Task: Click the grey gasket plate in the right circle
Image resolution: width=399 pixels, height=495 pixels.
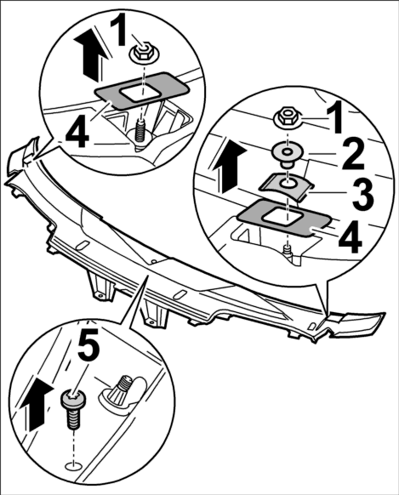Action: tap(284, 217)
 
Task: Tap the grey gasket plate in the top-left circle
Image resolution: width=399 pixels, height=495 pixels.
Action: tap(142, 90)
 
